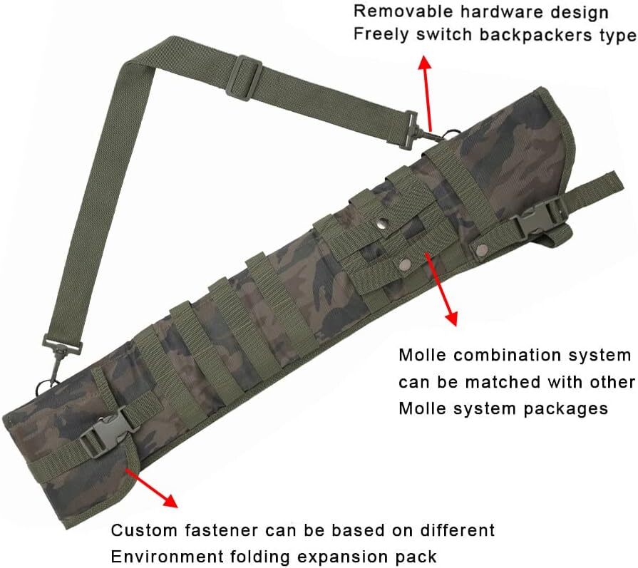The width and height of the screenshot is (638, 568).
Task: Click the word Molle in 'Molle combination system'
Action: pos(423,355)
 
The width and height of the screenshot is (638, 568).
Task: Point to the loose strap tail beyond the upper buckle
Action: pos(595,185)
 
